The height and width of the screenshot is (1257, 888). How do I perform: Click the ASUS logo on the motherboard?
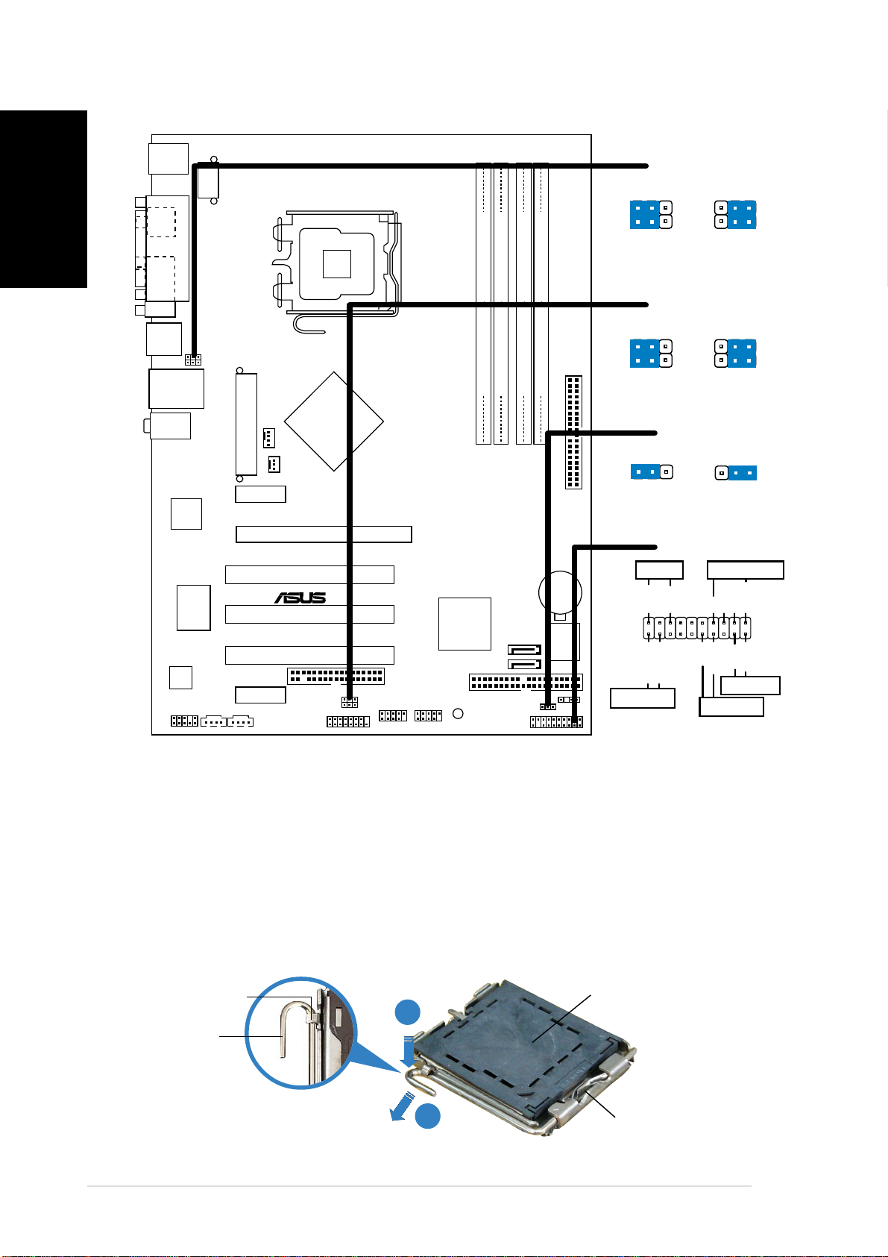tap(300, 598)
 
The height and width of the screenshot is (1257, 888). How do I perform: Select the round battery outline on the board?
tap(560, 592)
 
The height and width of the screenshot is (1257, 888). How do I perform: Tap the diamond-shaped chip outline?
tap(334, 421)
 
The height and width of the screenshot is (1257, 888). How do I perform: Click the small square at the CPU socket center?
tap(336, 264)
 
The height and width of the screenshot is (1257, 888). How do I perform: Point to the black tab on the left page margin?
tap(43, 199)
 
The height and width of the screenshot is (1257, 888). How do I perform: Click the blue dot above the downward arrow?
tap(408, 1012)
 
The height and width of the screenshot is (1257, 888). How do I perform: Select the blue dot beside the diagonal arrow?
tap(427, 1115)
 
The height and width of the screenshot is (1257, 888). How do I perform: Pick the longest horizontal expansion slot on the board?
tap(324, 534)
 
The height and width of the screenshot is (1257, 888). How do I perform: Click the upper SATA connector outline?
tap(524, 650)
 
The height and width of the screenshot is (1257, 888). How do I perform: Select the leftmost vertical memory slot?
tap(484, 304)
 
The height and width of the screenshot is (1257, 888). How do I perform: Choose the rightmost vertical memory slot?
tap(541, 304)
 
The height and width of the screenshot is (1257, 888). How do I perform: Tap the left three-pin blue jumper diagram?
tap(652, 472)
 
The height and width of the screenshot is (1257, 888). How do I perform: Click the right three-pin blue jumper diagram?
tap(735, 473)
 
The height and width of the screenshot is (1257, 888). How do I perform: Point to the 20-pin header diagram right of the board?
tap(696, 628)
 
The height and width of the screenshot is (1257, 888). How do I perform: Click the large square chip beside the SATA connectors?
tap(465, 624)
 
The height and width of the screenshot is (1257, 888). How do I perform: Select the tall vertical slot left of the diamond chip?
tap(246, 424)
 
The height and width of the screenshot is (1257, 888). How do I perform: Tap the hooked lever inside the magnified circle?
tap(292, 1029)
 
